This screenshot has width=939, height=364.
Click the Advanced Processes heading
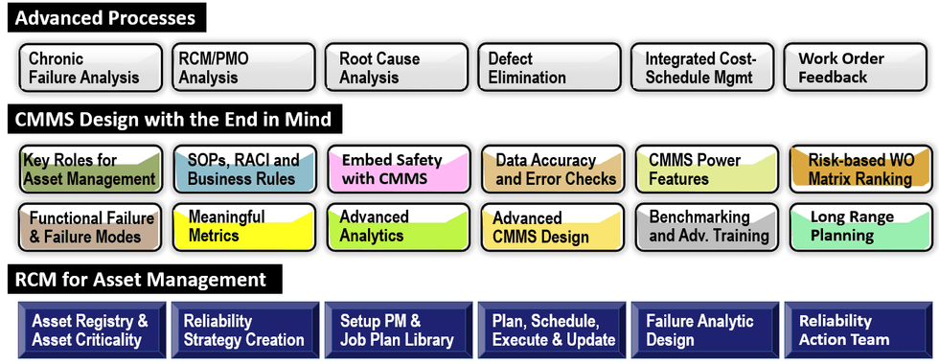coord(105,18)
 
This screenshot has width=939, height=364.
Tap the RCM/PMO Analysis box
coord(242,67)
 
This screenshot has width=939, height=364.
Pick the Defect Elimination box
coord(549,67)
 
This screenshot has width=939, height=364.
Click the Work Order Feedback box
coord(857,67)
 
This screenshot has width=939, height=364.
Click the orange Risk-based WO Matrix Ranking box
coord(859,169)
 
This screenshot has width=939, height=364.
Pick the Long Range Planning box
coord(859,226)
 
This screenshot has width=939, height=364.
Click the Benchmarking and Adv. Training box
coord(707,226)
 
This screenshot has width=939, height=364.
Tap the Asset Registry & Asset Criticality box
coord(92,330)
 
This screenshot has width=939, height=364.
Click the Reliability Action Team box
coord(857,330)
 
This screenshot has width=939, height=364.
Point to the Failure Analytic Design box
coord(704,330)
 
